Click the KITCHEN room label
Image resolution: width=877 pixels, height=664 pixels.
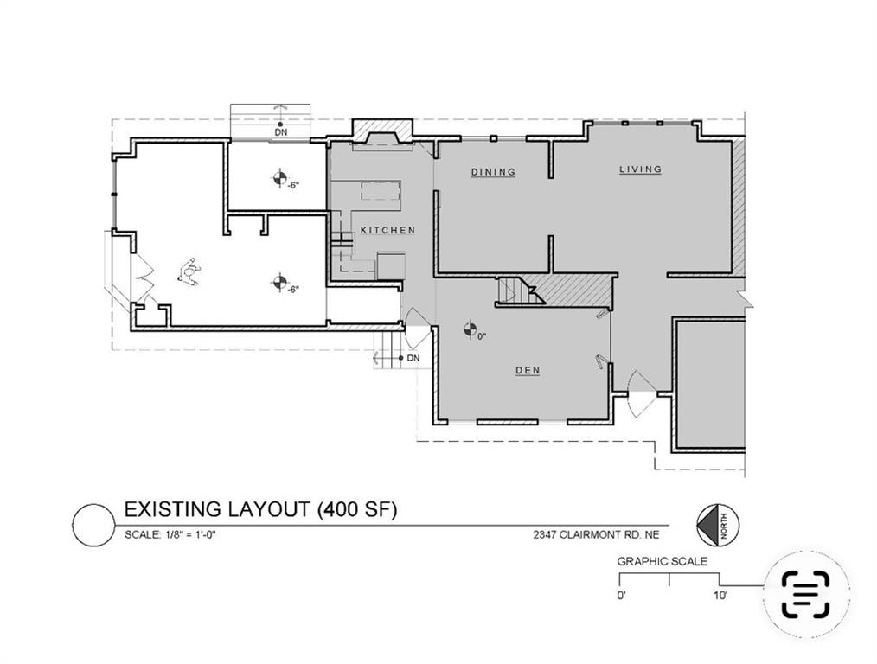[x=387, y=231]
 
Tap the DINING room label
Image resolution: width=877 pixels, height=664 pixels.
[x=493, y=172]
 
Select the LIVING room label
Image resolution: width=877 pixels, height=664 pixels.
[x=640, y=169]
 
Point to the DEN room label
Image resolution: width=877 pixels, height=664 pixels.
[x=528, y=371]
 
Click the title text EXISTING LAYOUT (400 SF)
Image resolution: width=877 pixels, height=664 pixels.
[x=260, y=509]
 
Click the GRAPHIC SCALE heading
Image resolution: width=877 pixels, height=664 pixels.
[x=662, y=561]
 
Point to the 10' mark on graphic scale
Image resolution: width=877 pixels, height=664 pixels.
[x=720, y=596]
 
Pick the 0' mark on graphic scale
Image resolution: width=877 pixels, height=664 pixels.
[x=622, y=596]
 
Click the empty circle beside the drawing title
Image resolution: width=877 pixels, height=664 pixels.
[x=93, y=525]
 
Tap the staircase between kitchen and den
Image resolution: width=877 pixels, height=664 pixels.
[x=519, y=290]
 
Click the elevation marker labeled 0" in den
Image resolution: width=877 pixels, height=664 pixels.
[x=470, y=329]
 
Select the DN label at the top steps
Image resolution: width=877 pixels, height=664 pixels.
[x=280, y=132]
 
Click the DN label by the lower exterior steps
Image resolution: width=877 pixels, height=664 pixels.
[x=413, y=358]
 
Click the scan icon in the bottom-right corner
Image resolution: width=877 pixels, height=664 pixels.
[x=805, y=594]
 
